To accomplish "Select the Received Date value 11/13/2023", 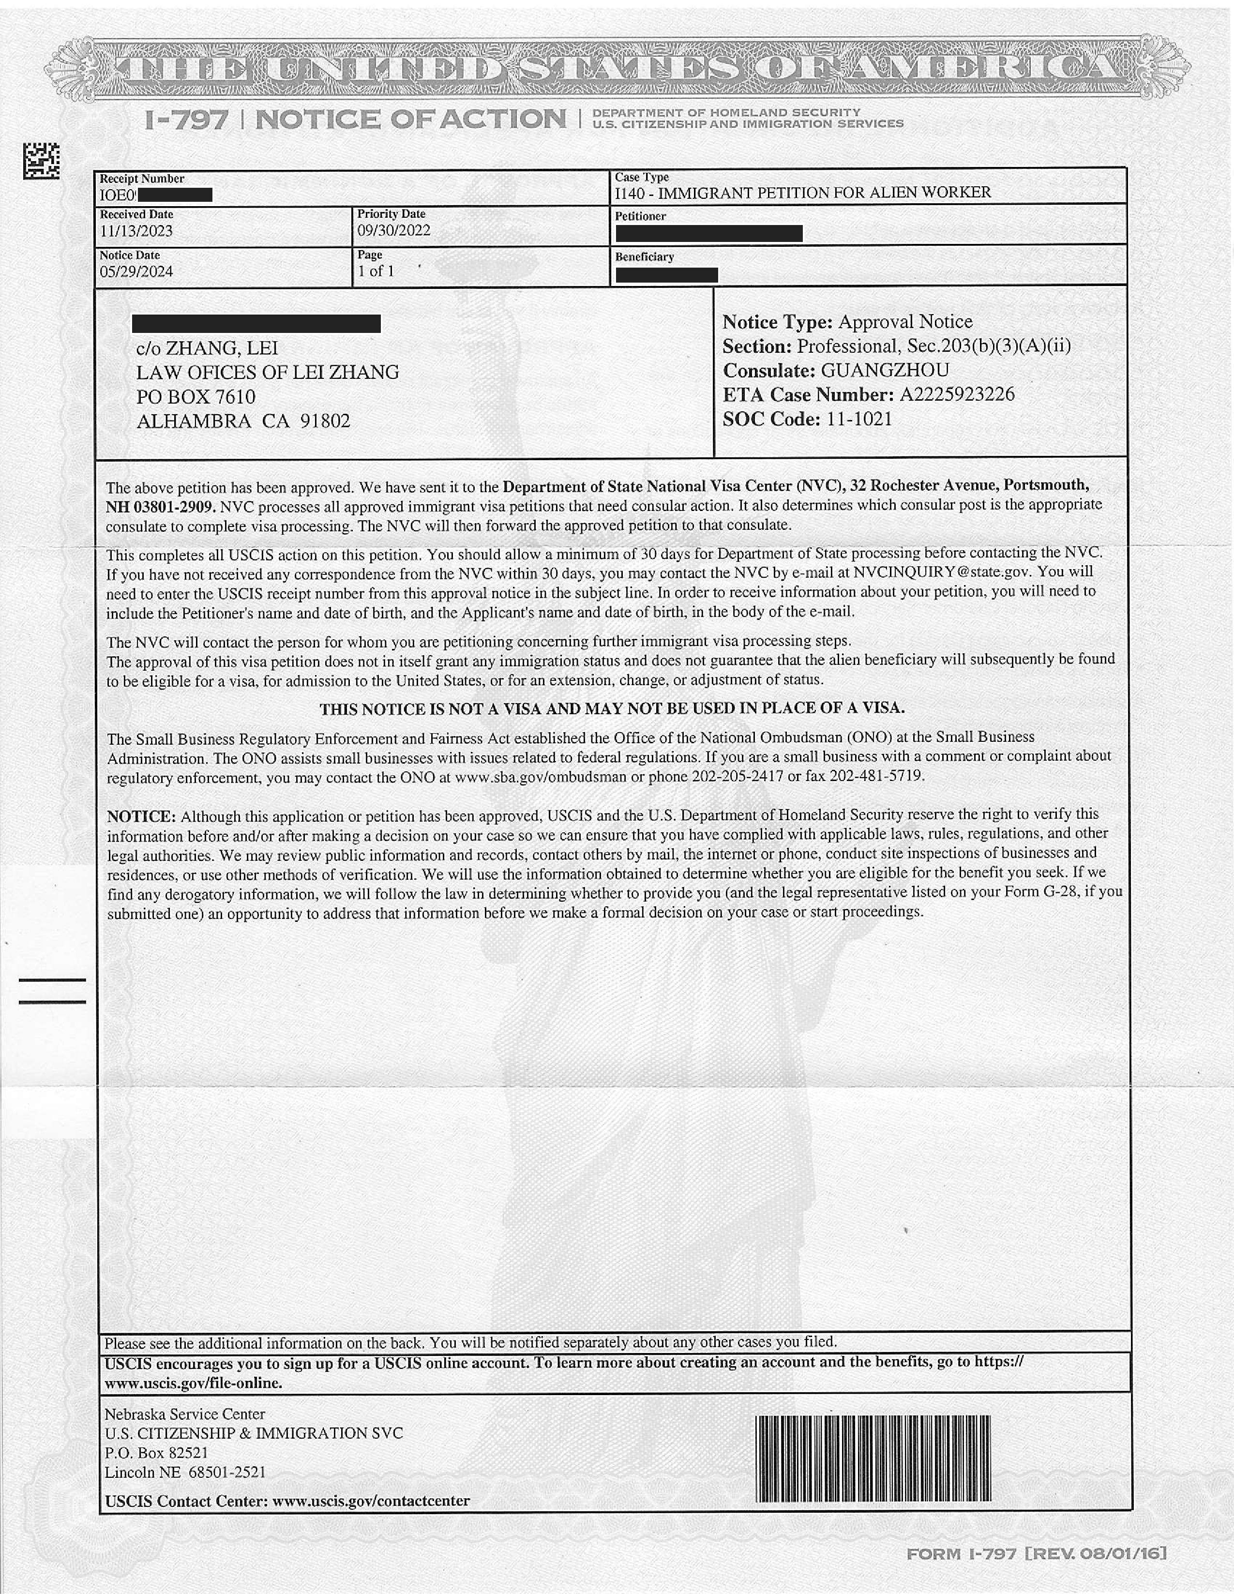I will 136,231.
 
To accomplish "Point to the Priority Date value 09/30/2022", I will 393,231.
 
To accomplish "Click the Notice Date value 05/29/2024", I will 136,271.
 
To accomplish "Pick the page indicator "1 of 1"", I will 376,271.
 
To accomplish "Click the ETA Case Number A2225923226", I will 957,395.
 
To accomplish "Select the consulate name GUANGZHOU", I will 885,370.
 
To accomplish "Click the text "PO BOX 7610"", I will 196,397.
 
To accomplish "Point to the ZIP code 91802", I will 326,421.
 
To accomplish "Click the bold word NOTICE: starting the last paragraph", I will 141,816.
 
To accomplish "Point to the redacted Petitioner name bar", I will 708,234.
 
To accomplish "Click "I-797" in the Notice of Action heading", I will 186,120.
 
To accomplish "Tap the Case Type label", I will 642,178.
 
